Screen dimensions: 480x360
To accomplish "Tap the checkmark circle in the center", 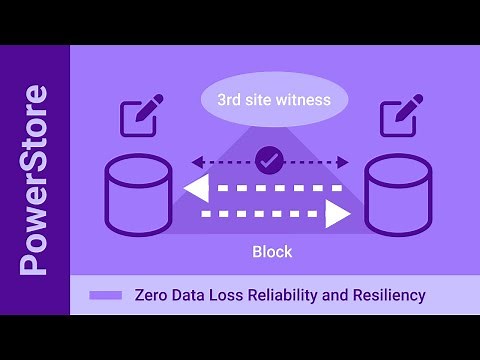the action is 267,159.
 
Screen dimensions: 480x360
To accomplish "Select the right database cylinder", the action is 398,194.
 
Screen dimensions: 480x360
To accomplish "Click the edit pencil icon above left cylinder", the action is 139,118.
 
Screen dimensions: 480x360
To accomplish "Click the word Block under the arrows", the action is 271,251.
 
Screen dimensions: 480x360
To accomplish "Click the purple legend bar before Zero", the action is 105,295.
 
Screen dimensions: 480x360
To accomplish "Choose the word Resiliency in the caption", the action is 386,295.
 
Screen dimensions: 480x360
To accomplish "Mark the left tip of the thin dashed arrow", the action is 194,160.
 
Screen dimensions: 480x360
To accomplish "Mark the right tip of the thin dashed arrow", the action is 348,160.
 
